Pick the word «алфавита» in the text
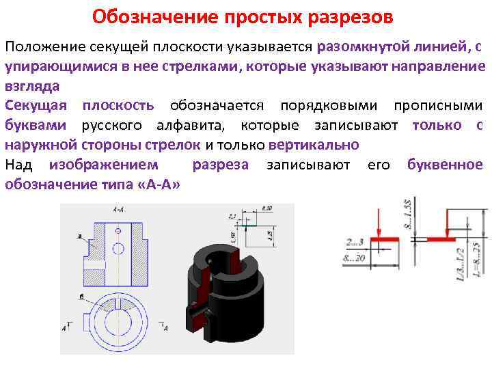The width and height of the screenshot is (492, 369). click(197, 125)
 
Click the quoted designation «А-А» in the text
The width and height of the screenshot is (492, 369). click(161, 184)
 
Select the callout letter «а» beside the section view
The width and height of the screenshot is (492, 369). click(80, 236)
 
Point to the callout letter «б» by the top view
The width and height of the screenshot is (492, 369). click(81, 297)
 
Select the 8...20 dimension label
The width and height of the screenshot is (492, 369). click(355, 257)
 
